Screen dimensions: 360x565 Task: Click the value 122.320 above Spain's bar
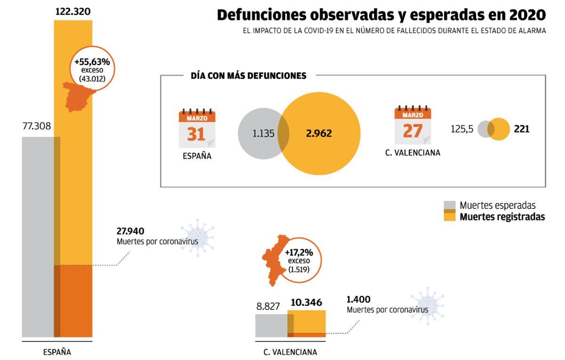tap(73, 11)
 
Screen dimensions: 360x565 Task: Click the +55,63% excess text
tap(92, 62)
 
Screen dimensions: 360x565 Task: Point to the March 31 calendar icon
tap(197, 129)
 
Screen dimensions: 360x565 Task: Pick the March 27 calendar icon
tap(412, 125)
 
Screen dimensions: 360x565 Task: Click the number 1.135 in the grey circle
tap(263, 133)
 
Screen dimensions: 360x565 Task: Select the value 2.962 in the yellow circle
tap(319, 133)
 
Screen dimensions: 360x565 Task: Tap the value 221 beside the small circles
tap(522, 129)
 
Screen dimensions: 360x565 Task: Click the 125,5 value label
tap(462, 129)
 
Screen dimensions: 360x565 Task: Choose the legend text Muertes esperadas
tap(498, 205)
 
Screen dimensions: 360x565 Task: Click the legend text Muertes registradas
tap(502, 217)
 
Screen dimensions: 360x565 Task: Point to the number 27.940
tap(130, 231)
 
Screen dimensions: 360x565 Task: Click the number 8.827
tap(268, 305)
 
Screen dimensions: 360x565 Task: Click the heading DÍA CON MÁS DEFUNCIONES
tap(249, 75)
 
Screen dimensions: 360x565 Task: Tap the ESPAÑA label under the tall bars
tap(57, 352)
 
